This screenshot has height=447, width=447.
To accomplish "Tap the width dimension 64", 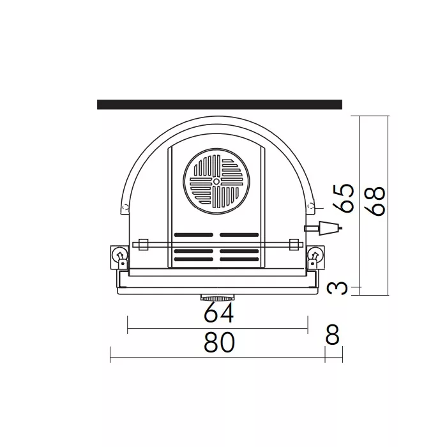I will click(x=219, y=313).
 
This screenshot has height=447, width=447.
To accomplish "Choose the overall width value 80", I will click(x=220, y=343).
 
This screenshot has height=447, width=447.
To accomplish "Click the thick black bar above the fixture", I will click(x=219, y=105).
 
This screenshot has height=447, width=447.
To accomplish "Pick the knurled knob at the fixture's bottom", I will click(x=216, y=298).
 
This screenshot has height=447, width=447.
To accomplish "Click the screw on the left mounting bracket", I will click(x=118, y=255).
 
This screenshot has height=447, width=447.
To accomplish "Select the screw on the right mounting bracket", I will click(x=314, y=255).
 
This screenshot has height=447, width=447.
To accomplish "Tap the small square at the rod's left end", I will click(x=143, y=244).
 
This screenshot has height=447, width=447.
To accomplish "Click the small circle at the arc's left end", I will click(x=125, y=206).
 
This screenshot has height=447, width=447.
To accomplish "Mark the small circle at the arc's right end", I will click(x=310, y=206).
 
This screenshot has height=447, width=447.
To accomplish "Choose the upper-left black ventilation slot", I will click(x=193, y=234).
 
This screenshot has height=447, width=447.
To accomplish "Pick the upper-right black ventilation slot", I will click(x=239, y=234).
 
